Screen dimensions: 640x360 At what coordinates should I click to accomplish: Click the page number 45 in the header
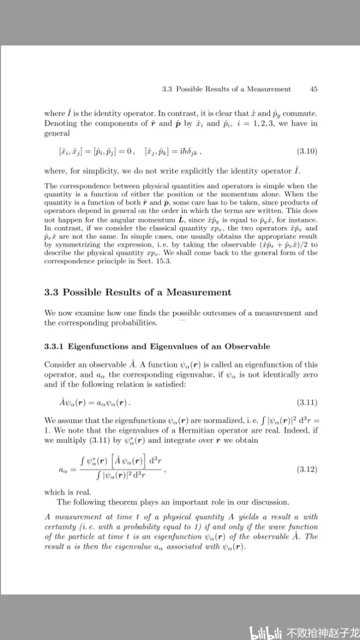click(x=313, y=89)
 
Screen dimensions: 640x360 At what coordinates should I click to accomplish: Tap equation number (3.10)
click(x=307, y=150)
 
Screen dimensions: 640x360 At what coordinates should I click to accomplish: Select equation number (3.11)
click(x=307, y=403)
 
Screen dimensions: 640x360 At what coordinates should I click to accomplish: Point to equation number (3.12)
click(x=307, y=469)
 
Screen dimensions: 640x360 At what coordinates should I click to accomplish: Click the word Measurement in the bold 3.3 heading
click(x=199, y=292)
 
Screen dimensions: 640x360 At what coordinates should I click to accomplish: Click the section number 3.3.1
click(x=54, y=346)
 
